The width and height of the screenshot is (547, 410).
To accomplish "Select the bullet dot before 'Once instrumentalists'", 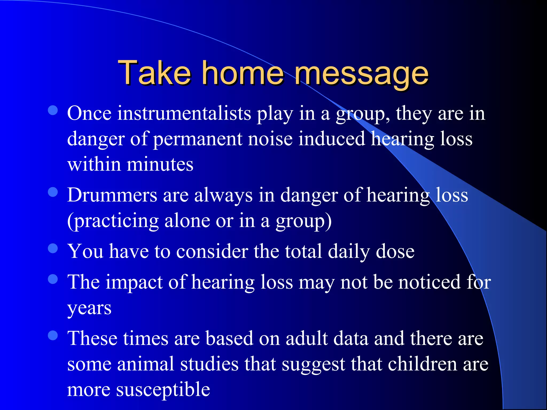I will (53, 110).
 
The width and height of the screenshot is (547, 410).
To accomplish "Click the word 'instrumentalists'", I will (184, 113).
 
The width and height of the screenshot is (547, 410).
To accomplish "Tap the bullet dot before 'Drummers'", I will (53, 192).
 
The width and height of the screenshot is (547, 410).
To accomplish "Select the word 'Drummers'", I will (112, 195).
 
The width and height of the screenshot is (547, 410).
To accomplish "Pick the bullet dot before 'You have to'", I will (53, 248).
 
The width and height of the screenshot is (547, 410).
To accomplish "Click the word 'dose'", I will (395, 251).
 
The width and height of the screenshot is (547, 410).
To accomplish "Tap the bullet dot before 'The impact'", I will (53, 279).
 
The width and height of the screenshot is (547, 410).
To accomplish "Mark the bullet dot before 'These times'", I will (53, 336).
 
